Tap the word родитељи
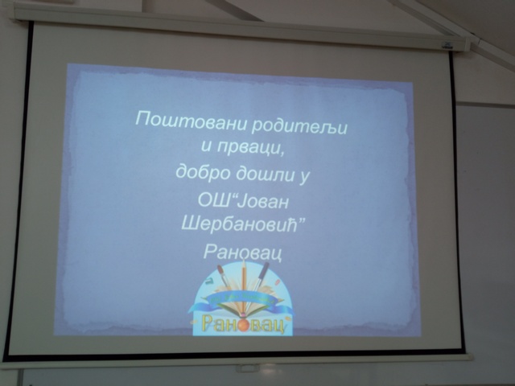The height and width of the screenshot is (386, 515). [299, 126]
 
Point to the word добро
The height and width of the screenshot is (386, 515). [203, 172]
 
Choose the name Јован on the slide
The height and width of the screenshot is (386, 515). [263, 201]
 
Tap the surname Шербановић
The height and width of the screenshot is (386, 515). [239, 225]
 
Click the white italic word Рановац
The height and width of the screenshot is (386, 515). [243, 252]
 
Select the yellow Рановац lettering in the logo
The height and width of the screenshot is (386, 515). [242, 324]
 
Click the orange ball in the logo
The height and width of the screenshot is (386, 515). [245, 325]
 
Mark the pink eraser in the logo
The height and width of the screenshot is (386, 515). [278, 282]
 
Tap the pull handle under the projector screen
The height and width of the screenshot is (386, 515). [248, 368]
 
